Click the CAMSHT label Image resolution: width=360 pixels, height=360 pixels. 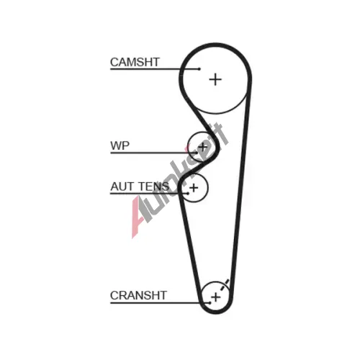(135, 62)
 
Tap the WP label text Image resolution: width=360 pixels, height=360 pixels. (120, 145)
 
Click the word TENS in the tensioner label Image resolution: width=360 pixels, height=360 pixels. (154, 186)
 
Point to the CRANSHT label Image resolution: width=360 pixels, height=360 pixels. (138, 295)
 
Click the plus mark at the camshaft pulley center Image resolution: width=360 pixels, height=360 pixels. (215, 79)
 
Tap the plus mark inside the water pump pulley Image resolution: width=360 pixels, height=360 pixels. (202, 147)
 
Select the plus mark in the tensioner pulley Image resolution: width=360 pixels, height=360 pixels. (194, 187)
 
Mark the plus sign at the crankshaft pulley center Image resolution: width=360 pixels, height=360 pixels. (216, 297)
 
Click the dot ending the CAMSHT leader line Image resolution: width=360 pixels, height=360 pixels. (199, 69)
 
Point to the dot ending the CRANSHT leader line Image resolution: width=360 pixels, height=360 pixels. (210, 303)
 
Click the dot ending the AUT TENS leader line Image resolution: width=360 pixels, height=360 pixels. (188, 194)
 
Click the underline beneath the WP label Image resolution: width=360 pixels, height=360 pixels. (153, 153)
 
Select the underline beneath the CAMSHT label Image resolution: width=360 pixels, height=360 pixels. (155, 69)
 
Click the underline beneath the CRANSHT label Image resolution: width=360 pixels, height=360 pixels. (160, 303)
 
